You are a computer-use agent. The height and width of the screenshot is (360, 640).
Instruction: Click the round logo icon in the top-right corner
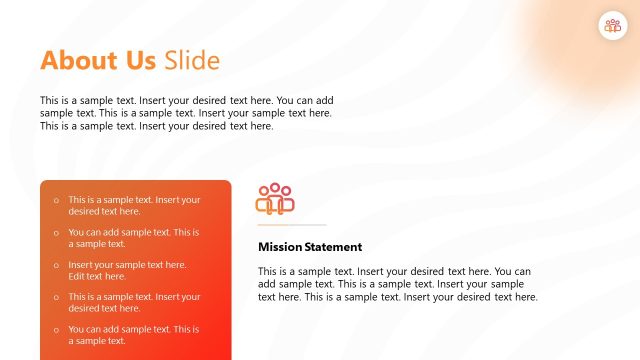pos(611,27)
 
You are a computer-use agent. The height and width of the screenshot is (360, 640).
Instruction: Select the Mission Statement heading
pos(310,247)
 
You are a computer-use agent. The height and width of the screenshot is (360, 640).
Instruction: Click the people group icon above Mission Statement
pos(275,199)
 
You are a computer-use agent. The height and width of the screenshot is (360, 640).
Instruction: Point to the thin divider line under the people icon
pos(292,226)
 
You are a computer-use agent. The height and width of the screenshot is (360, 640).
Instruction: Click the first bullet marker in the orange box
pos(56,201)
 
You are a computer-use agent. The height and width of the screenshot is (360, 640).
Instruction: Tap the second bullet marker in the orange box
pos(56,233)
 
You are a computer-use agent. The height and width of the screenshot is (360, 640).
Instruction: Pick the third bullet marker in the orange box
pos(56,266)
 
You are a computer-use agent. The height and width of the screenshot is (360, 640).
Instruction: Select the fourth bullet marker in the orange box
pos(56,298)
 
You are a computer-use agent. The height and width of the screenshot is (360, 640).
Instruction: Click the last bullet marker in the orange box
pos(56,330)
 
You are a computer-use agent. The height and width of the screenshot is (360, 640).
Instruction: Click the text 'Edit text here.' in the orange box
pos(97,276)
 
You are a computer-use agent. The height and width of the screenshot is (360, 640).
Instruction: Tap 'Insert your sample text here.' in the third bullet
pos(127,265)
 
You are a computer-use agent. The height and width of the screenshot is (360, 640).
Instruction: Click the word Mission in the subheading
pos(281,247)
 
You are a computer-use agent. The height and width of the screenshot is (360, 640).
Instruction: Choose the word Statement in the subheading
pos(335,247)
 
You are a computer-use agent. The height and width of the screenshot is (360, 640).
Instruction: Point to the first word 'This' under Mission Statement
pos(268,271)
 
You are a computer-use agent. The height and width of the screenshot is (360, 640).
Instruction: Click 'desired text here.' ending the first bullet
pos(104,211)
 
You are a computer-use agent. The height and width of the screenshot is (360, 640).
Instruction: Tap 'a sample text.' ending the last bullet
pos(97,341)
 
